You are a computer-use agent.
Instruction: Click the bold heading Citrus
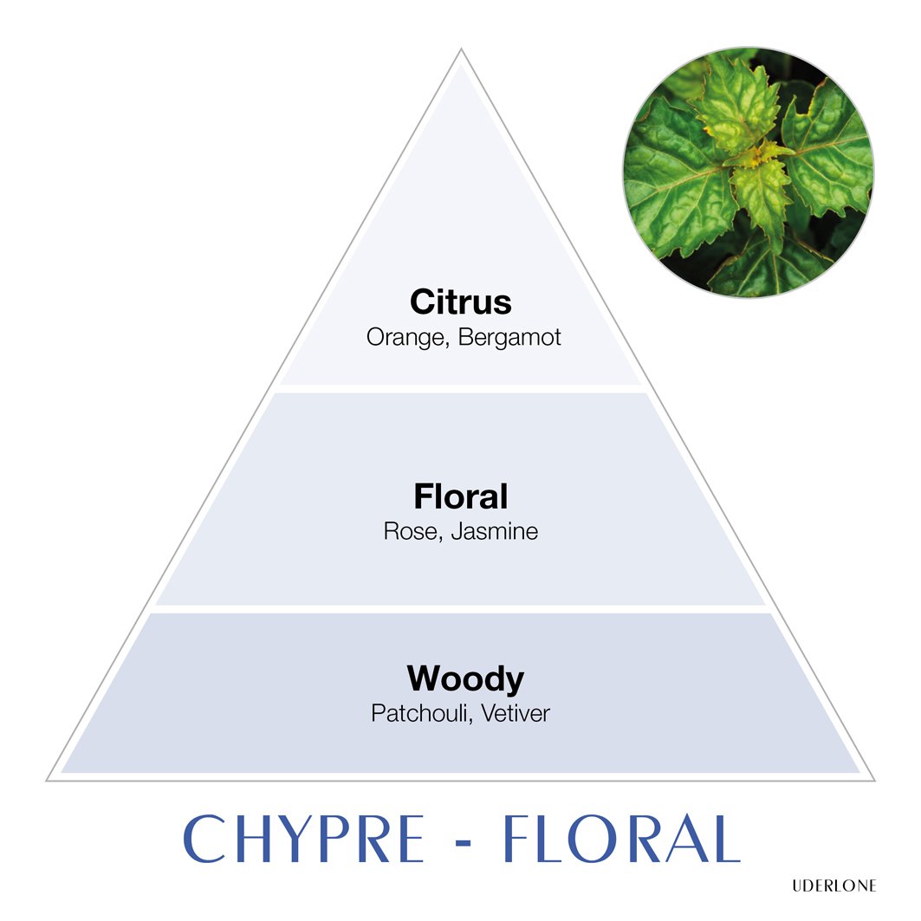(461, 302)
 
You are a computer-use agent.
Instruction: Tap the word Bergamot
(509, 338)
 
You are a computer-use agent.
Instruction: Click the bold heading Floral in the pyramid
(461, 496)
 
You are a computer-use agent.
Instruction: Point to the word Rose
(410, 532)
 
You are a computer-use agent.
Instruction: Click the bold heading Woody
(465, 679)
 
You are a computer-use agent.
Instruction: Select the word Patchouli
(418, 714)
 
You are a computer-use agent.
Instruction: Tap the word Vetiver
(516, 714)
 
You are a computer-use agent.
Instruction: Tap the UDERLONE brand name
(834, 885)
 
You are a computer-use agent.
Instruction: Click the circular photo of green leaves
(749, 172)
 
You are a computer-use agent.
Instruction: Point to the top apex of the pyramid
(461, 49)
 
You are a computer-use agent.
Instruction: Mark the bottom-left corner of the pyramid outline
(47, 781)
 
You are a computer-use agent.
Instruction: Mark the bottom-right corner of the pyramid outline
(875, 781)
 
